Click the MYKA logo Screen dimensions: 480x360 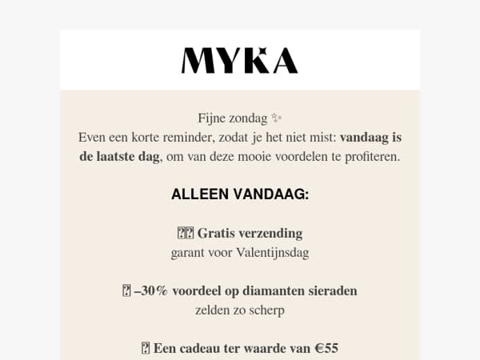(239, 61)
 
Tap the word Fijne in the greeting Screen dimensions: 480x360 (214, 118)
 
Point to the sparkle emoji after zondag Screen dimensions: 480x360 (277, 118)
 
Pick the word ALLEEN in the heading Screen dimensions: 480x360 (199, 194)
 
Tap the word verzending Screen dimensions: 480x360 (272, 234)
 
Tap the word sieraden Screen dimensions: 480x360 (330, 291)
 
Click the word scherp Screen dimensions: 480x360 (266, 310)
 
